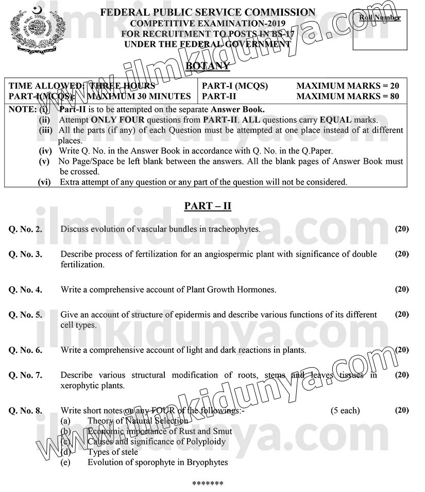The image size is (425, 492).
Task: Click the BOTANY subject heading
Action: point(207,66)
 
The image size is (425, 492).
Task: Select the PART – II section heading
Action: point(208,206)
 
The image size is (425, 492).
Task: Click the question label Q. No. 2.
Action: point(25,229)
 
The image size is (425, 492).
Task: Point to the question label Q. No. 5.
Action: point(25,315)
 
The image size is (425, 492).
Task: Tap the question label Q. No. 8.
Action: point(25,411)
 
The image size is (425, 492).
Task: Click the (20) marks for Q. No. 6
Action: point(402,350)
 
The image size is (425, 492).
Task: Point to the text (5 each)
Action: point(345,411)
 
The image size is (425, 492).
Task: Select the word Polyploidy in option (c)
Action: point(206,442)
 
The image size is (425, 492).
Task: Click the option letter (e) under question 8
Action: point(65,462)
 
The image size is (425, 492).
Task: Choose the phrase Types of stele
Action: point(113,452)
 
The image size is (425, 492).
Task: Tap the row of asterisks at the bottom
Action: point(208,484)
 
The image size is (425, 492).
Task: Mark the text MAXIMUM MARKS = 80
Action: point(348,96)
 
